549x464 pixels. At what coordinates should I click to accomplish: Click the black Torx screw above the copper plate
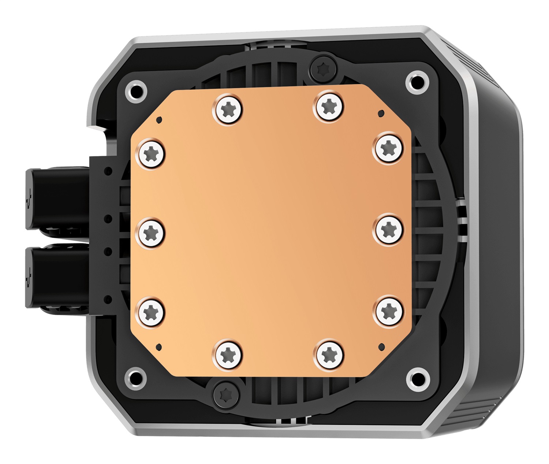pyautogui.click(x=323, y=68)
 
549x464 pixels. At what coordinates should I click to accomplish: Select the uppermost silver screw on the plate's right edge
pyautogui.click(x=388, y=148)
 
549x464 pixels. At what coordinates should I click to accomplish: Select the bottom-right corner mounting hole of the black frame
pyautogui.click(x=418, y=379)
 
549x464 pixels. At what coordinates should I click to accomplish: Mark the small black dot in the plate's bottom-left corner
pyautogui.click(x=158, y=346)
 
